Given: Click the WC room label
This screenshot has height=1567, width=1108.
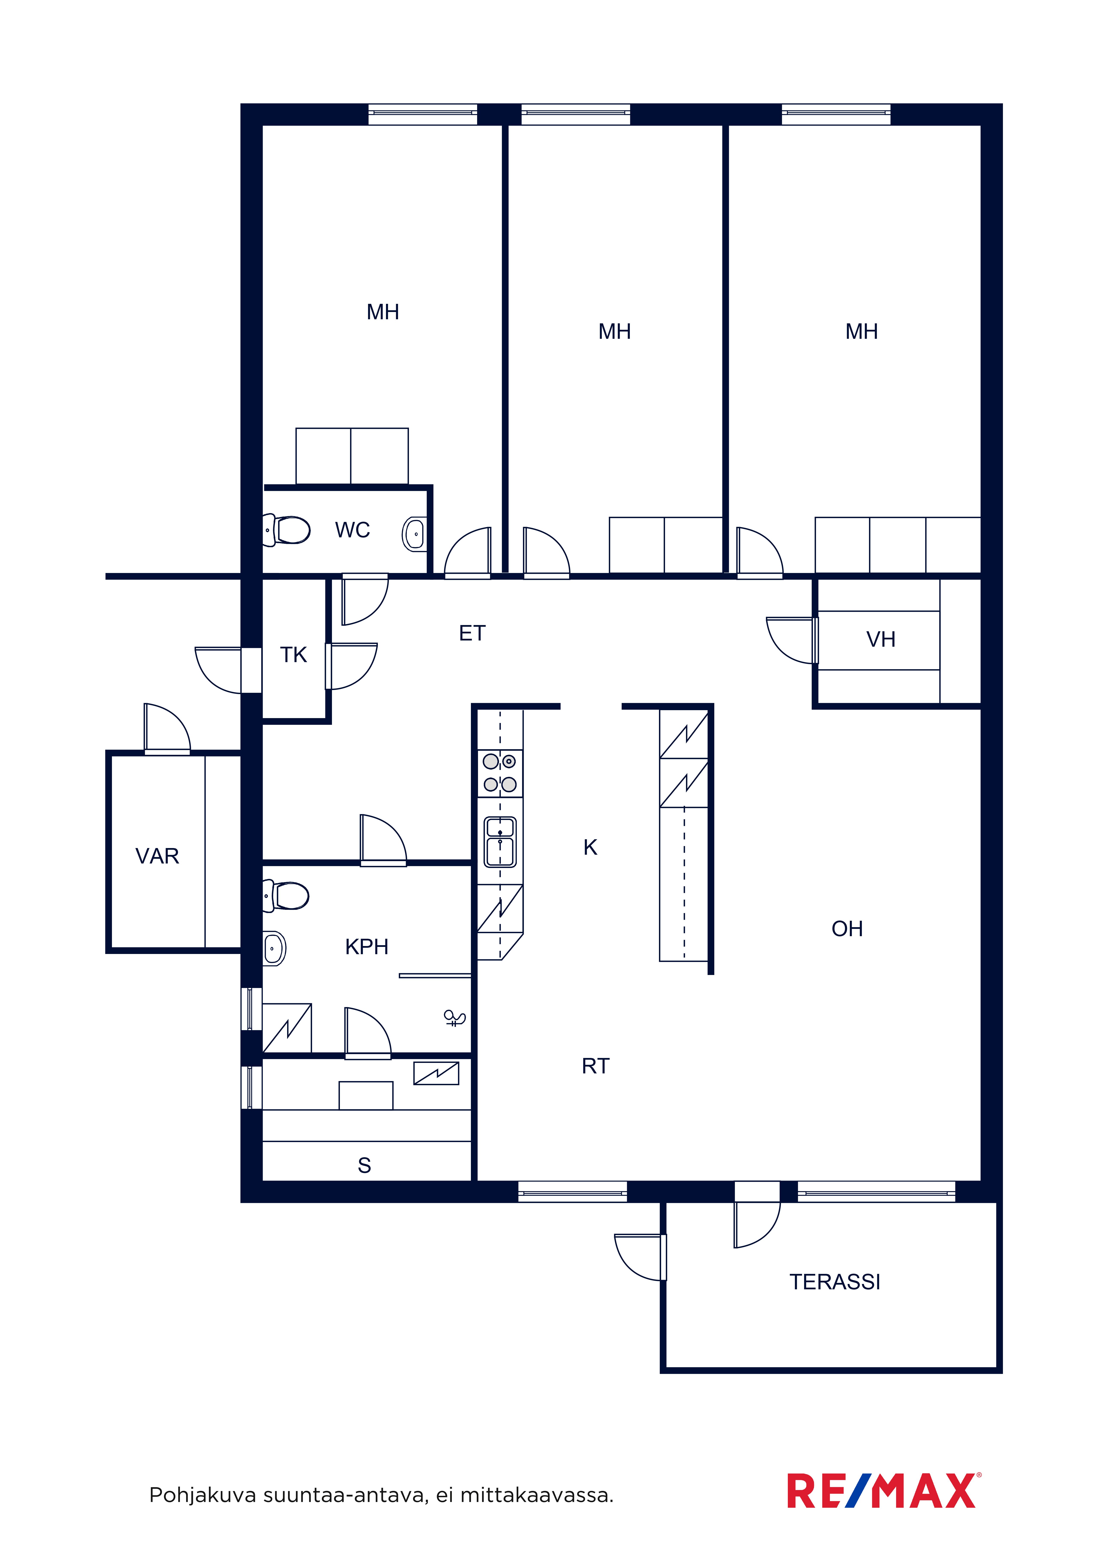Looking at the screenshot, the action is [352, 530].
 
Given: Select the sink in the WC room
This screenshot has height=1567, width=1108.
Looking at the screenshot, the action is [414, 534].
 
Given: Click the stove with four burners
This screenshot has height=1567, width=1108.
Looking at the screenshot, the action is [500, 773].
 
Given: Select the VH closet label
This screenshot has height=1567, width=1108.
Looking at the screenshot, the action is [881, 639].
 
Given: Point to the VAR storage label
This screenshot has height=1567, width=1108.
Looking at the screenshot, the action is [157, 856].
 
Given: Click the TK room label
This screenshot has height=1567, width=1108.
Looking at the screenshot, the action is [294, 655].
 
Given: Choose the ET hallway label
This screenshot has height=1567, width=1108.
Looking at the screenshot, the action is [472, 633].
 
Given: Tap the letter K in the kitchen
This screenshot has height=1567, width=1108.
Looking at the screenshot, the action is [591, 848].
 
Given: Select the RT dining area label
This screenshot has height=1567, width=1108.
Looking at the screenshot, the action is [595, 1066].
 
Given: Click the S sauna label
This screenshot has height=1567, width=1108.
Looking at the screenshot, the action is [365, 1166].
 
